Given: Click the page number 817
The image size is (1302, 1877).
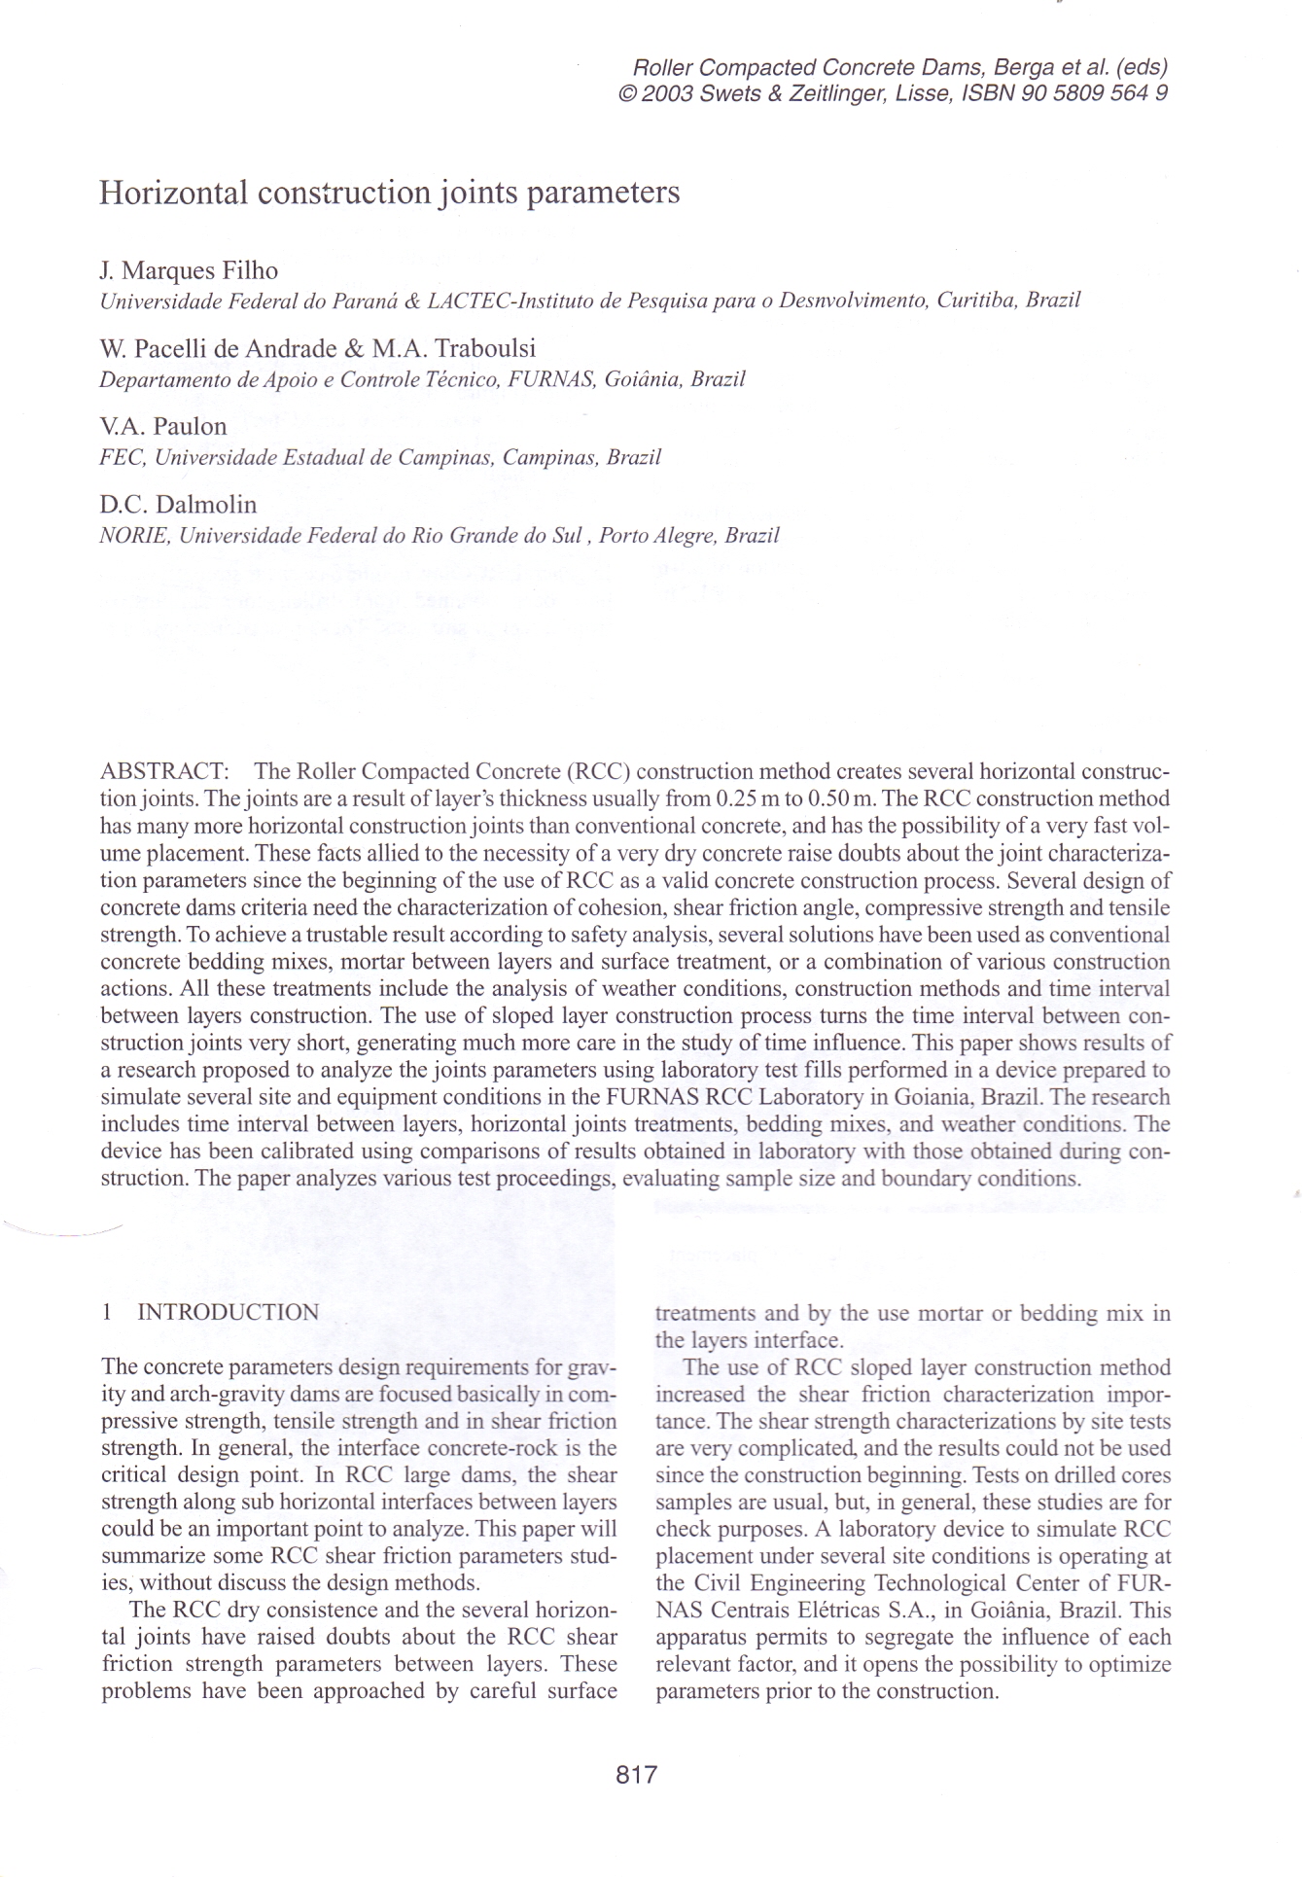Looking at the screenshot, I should click(x=637, y=1775).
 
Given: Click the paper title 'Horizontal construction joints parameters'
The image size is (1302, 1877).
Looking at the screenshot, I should click(x=389, y=193).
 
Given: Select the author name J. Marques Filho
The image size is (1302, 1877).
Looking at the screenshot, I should click(x=189, y=270).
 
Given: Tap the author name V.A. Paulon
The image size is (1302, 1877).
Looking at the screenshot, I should click(x=162, y=426).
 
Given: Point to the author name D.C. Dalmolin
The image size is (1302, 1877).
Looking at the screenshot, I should click(x=178, y=505).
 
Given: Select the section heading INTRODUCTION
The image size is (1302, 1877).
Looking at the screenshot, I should click(x=228, y=1312).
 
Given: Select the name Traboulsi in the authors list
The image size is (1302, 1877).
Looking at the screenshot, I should click(x=484, y=348).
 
